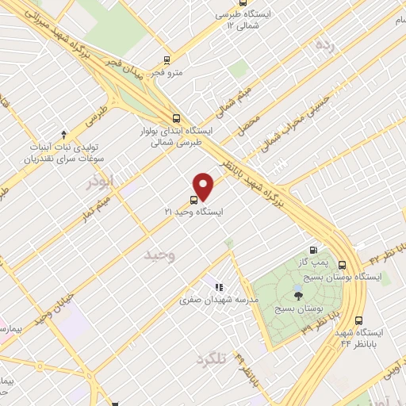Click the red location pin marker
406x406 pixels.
[205, 186]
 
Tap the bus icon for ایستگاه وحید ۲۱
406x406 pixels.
[194, 201]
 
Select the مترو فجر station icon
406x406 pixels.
[167, 59]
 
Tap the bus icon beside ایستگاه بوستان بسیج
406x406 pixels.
[343, 265]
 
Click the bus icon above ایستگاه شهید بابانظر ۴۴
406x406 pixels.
[359, 321]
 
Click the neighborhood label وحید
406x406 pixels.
[159, 255]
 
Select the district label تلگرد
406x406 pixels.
[209, 358]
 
